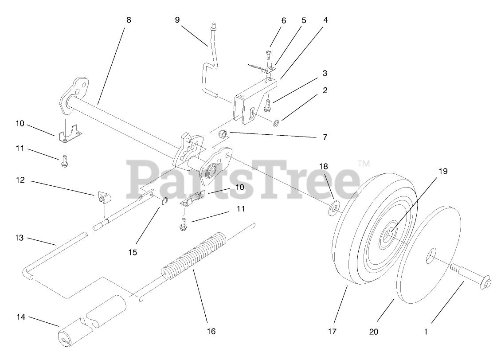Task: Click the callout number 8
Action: (x=129, y=20)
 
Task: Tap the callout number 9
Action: (x=177, y=20)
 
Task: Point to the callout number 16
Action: (x=211, y=331)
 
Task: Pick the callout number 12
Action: (x=21, y=180)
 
